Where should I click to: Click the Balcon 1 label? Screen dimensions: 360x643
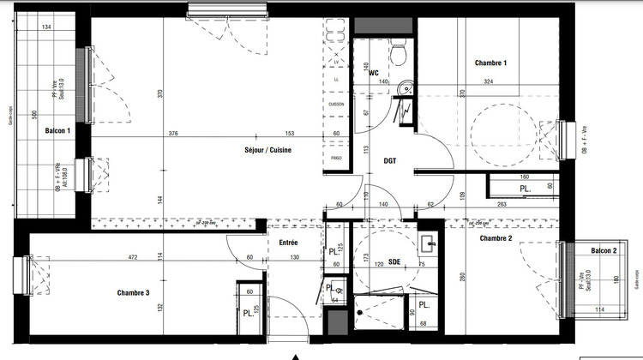57,129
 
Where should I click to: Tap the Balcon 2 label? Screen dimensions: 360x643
603,249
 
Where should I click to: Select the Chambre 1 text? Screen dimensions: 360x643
491,63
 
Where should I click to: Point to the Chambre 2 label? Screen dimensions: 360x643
496,237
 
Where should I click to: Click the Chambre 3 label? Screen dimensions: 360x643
133,293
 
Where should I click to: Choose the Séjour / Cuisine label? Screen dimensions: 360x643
267,150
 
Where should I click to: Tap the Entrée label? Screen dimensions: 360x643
287,243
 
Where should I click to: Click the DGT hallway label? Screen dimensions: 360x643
389,160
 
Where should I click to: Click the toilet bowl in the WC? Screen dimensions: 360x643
397,53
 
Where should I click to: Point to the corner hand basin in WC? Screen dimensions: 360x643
408,84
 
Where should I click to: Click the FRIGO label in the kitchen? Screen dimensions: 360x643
336,159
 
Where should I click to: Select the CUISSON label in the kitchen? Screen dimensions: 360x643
336,105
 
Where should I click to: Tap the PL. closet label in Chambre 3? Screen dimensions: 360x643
247,314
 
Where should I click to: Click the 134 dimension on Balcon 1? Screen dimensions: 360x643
45,28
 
